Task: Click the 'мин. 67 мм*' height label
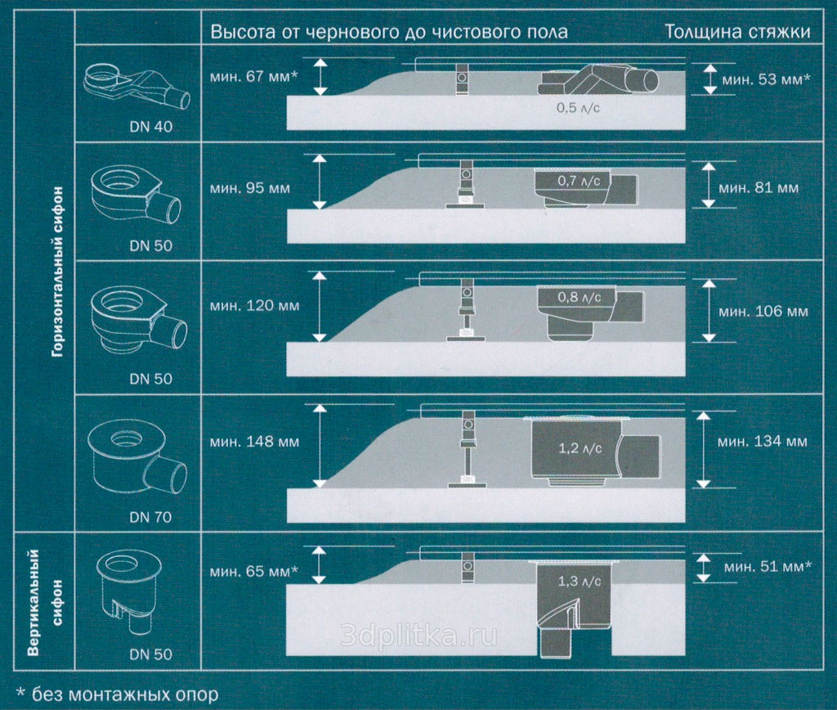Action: coord(253,76)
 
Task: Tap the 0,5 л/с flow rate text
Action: coord(578,108)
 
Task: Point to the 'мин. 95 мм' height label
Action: coord(250,189)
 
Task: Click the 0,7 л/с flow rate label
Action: coord(579,181)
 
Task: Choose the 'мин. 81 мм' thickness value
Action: coord(759,188)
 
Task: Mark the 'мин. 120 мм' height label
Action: coord(254,306)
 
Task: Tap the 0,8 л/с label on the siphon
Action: coord(580,297)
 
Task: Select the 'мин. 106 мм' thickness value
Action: coord(763,312)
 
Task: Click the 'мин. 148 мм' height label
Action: coord(254,442)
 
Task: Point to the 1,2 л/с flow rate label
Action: coord(580,448)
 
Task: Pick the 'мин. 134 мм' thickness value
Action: coord(763,441)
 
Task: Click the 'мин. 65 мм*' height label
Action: coord(253,572)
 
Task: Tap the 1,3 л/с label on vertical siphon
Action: coord(580,582)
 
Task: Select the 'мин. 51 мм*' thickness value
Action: coord(768,566)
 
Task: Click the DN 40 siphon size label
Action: coord(151,127)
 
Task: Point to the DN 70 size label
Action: coord(150,517)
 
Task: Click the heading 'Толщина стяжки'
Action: coord(738,32)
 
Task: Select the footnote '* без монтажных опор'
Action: coord(118,694)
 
